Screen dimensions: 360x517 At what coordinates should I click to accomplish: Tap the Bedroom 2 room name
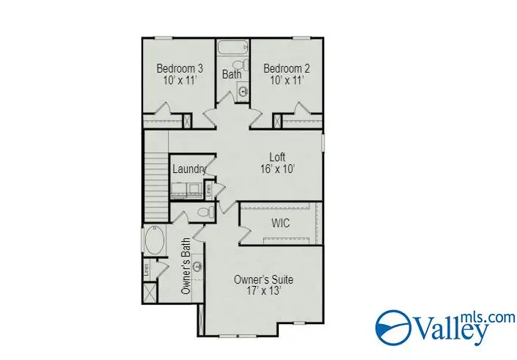click(x=287, y=69)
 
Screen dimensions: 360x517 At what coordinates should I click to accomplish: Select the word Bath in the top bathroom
click(x=232, y=74)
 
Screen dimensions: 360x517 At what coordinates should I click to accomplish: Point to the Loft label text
click(x=276, y=155)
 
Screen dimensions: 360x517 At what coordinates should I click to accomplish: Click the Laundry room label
click(x=188, y=169)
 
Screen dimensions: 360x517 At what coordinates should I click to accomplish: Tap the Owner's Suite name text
click(x=264, y=279)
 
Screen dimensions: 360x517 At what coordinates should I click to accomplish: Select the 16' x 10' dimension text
click(x=276, y=167)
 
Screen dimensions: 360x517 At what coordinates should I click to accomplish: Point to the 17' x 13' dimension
click(x=264, y=291)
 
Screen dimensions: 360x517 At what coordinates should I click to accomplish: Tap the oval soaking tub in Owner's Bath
click(x=154, y=240)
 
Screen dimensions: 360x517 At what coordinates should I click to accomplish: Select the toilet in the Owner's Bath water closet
click(x=208, y=212)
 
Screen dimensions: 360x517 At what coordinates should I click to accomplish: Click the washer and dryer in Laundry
click(x=187, y=189)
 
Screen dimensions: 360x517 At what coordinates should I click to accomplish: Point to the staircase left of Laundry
click(x=157, y=176)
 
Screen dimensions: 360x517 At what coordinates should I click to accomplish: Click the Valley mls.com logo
click(x=433, y=326)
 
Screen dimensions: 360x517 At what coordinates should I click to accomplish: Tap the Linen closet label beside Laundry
click(x=209, y=189)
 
